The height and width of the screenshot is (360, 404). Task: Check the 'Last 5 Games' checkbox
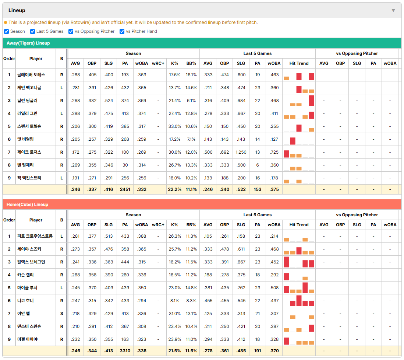(x=32, y=31)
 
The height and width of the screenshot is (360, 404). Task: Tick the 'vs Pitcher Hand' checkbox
(x=122, y=31)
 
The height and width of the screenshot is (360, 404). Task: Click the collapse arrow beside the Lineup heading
(x=393, y=10)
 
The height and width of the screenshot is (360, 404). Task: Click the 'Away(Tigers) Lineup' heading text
(x=28, y=43)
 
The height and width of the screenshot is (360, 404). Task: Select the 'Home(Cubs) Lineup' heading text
(x=27, y=205)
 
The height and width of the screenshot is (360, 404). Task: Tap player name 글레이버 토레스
(x=31, y=75)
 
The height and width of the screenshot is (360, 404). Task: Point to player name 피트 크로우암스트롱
(x=35, y=236)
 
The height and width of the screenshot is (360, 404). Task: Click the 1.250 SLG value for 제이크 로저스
(x=241, y=152)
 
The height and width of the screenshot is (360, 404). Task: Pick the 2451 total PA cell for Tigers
(x=125, y=189)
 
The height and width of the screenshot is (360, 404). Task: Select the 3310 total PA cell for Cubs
(x=125, y=351)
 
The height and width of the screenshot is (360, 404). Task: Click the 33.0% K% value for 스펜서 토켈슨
(x=174, y=126)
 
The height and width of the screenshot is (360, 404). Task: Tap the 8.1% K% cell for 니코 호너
(x=174, y=301)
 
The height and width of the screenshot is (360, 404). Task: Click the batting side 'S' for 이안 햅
(x=61, y=314)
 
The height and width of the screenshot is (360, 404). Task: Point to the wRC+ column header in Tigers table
(x=158, y=63)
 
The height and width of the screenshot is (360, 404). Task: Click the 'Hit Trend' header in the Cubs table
(x=299, y=225)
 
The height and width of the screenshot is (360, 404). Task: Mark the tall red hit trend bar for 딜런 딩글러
(x=311, y=101)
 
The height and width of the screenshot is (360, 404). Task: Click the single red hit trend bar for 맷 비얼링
(x=293, y=141)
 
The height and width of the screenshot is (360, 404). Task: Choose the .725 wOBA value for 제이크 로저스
(x=274, y=152)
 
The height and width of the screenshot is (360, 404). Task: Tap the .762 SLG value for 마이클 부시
(x=241, y=288)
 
